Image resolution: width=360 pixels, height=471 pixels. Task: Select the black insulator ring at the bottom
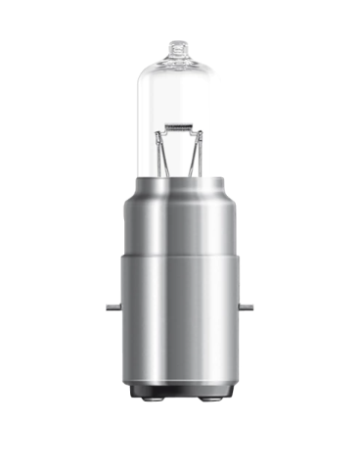(179, 394)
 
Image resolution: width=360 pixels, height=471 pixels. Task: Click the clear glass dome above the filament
(179, 88)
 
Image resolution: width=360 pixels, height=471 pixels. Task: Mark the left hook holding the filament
(168, 128)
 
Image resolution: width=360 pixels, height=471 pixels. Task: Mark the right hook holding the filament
(191, 128)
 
